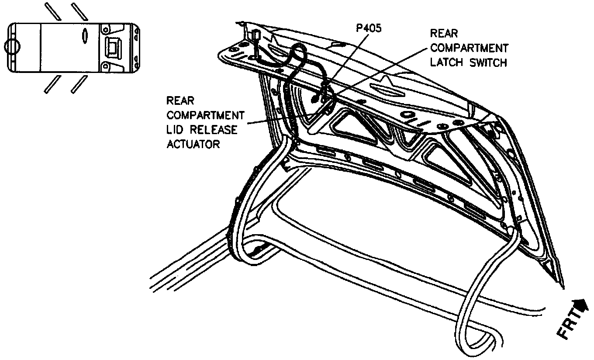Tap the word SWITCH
490,62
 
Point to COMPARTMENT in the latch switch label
469,48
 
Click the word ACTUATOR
193,144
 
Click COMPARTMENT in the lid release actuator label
205,115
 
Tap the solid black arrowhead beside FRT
581,305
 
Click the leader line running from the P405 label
345,61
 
